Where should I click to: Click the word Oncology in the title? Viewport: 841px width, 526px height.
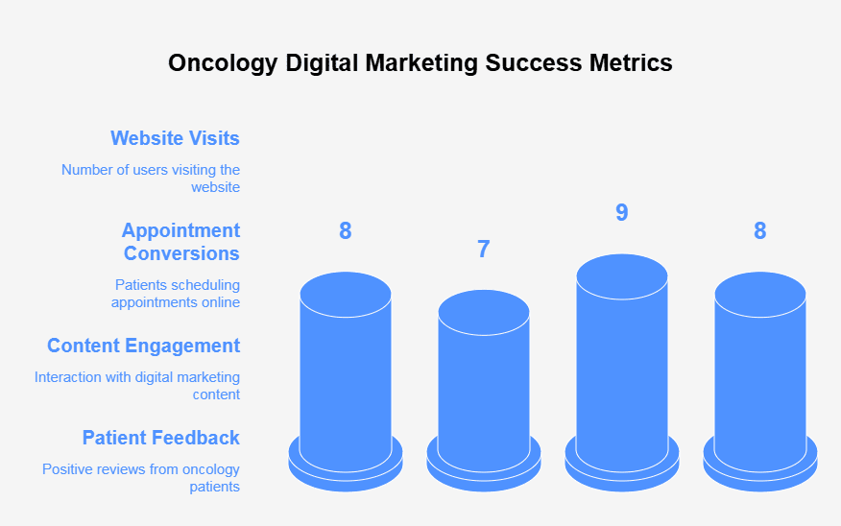click(x=223, y=63)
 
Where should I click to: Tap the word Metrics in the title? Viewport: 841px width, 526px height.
click(x=631, y=62)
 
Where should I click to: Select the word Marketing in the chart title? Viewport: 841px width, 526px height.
click(x=421, y=63)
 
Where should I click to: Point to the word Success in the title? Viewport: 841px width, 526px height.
click(x=534, y=62)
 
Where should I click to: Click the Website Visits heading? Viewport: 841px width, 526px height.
click(x=176, y=138)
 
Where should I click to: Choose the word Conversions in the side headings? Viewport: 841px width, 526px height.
click(x=181, y=253)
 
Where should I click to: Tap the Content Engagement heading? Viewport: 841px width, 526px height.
click(x=144, y=346)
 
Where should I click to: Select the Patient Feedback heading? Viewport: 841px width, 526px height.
click(x=161, y=438)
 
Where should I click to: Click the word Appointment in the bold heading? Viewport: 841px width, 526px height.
click(x=180, y=230)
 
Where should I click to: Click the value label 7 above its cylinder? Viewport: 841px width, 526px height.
click(x=484, y=250)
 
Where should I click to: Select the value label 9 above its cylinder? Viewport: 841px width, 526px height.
click(x=622, y=212)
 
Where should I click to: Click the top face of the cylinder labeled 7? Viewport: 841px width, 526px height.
click(x=484, y=313)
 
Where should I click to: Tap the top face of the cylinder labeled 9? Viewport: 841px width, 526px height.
click(x=622, y=276)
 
